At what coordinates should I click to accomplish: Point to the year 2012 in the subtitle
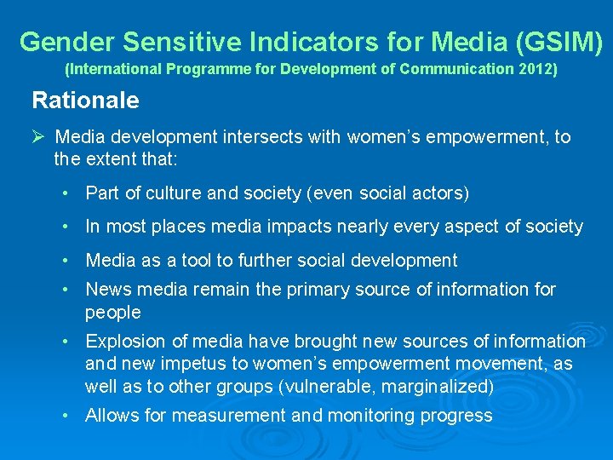click(536, 69)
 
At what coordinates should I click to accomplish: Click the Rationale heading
click(85, 101)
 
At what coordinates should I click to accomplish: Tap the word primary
click(321, 290)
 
